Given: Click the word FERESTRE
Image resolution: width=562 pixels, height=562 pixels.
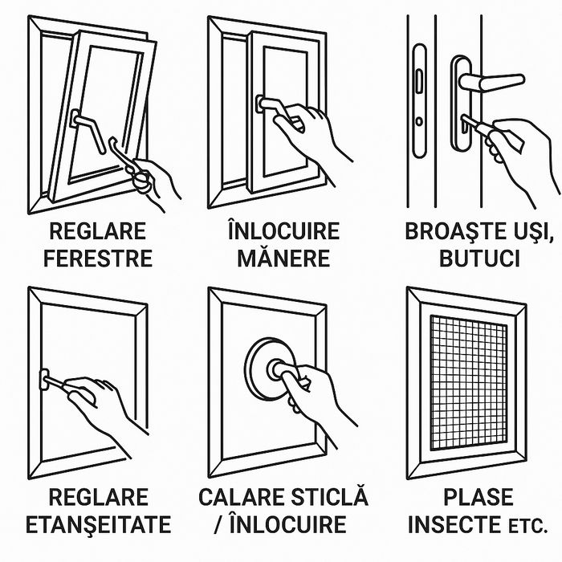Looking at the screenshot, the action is (98, 259).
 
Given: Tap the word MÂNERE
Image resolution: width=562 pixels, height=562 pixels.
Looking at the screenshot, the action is (283, 257).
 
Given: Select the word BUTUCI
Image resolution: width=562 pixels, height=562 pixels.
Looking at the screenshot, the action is (479, 259).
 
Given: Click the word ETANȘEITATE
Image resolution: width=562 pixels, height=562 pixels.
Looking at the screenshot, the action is (98, 524).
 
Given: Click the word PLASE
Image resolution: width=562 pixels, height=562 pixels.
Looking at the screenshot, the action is (479, 497).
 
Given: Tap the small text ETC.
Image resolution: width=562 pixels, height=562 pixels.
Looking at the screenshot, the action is (528, 527).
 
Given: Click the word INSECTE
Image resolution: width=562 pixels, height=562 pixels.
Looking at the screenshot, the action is (454, 524).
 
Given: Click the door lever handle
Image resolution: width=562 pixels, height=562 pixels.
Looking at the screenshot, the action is (491, 83).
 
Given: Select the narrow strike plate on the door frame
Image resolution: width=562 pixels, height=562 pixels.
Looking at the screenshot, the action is (419, 100).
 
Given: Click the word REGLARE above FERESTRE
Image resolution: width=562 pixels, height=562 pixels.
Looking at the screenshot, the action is (98, 231).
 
